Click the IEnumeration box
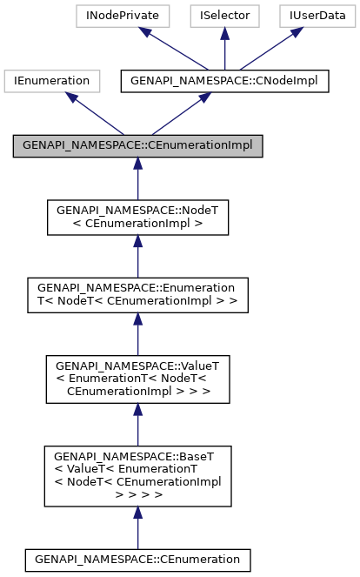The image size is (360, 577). (x=49, y=81)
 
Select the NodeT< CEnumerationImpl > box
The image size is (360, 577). (x=137, y=218)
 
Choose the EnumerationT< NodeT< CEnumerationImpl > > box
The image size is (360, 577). (x=137, y=296)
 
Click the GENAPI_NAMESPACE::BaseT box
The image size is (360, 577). (x=137, y=475)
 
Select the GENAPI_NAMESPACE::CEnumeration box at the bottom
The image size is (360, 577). (x=137, y=559)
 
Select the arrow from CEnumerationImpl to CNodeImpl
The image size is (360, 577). (x=174, y=113)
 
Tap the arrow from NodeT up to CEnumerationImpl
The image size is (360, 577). (x=137, y=178)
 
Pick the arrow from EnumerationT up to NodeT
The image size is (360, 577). (x=137, y=257)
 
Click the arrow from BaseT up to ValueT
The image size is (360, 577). (x=137, y=425)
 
